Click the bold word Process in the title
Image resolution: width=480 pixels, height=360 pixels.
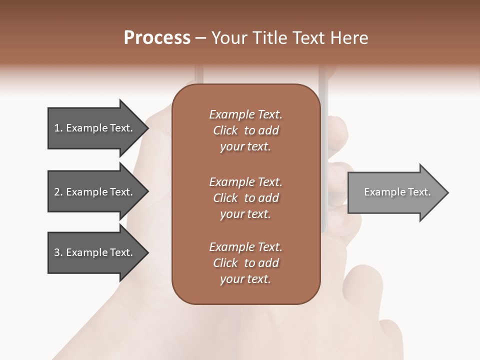click(x=157, y=38)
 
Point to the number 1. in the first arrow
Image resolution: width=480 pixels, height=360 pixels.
click(x=58, y=128)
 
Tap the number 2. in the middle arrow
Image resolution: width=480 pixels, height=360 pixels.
click(x=58, y=192)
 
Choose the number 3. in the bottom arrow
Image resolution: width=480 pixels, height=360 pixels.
click(x=58, y=252)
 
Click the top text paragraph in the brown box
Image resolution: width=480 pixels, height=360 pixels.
click(x=245, y=130)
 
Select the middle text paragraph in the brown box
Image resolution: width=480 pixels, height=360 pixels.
click(x=245, y=198)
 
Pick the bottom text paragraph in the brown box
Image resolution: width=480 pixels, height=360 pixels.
click(x=245, y=263)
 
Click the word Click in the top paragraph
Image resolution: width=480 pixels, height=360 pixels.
click(x=225, y=130)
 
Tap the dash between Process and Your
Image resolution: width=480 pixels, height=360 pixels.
click(x=201, y=38)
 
